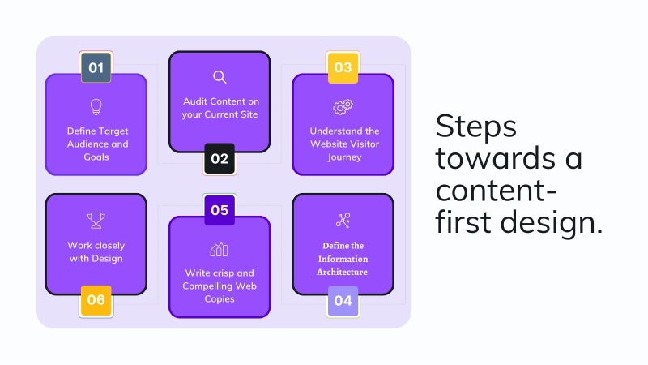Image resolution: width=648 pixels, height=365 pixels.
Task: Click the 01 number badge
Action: point(96,67)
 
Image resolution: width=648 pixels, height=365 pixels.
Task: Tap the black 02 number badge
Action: point(220,159)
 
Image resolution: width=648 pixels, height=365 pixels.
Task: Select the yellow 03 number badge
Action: point(343,67)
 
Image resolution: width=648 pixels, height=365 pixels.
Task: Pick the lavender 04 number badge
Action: point(343,301)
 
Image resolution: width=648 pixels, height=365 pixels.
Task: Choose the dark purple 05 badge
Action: point(220,210)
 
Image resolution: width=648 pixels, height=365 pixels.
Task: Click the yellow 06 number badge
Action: point(96,300)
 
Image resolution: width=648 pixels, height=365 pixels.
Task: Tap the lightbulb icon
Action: point(96,107)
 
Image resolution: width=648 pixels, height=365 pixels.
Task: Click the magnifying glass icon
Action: point(220,77)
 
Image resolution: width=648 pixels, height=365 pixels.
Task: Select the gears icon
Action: point(343,107)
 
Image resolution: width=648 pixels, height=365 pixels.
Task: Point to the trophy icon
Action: point(96,221)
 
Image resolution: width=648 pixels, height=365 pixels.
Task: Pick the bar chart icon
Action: point(219,249)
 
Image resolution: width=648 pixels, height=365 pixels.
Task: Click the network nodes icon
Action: point(343,221)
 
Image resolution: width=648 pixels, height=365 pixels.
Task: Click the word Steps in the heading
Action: point(475,127)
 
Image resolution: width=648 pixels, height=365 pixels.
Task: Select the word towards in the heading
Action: point(495,158)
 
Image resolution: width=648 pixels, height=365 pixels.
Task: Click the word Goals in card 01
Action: point(96,157)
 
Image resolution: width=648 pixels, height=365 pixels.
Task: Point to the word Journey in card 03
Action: point(345,157)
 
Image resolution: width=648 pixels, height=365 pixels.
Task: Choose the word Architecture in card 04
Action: point(342,272)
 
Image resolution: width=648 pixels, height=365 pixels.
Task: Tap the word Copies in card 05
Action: point(220,299)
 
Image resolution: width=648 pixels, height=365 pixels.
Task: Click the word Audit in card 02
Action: point(194,101)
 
